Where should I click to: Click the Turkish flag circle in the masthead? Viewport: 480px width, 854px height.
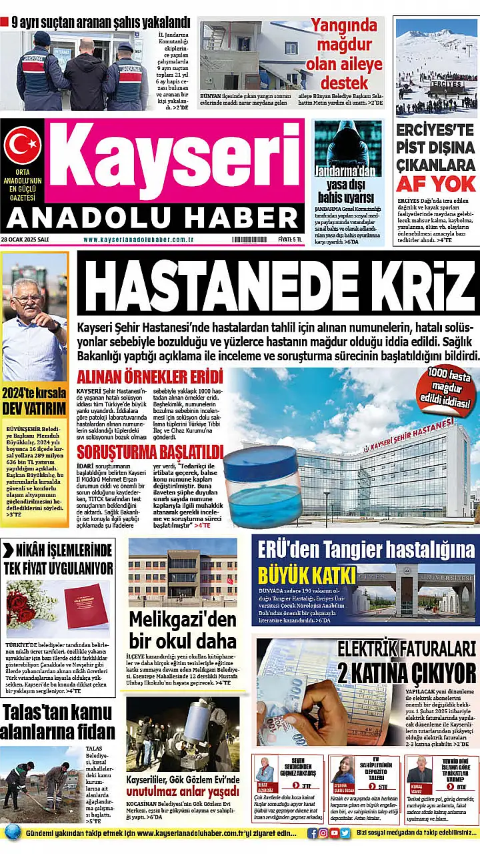point(23,145)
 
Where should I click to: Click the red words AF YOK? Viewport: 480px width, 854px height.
point(435,184)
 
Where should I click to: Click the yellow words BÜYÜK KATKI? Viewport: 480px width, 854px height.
point(301,573)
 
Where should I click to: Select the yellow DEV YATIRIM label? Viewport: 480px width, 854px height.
point(34,408)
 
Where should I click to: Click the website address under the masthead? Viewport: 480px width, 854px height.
point(139,240)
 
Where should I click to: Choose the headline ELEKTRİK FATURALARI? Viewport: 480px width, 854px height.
point(407,648)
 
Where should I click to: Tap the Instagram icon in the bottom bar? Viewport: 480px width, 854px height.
point(322,833)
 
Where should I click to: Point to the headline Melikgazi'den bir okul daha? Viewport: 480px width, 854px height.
point(183,629)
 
